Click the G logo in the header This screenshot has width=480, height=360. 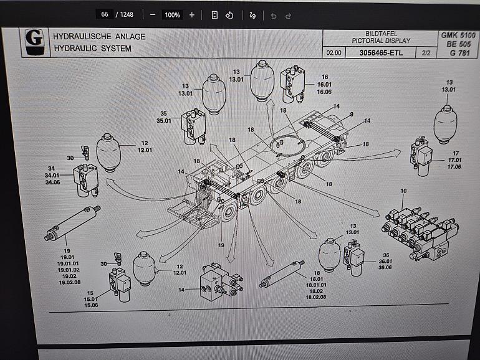tap(34, 41)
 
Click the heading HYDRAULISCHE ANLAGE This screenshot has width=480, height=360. tap(99, 37)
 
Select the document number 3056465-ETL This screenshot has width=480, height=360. tap(381, 53)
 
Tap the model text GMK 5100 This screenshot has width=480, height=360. tap(459, 36)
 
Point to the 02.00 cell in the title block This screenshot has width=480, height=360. tap(334, 53)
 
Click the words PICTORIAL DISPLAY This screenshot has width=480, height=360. tap(381, 41)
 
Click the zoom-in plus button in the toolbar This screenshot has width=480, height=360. tap(191, 15)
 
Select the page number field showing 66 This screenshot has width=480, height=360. tap(104, 14)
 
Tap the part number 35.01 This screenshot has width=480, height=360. tap(163, 121)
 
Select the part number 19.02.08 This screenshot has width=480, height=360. tap(69, 282)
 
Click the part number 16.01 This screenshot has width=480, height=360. tap(324, 85)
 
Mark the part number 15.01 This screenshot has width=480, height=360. tap(91, 299)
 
